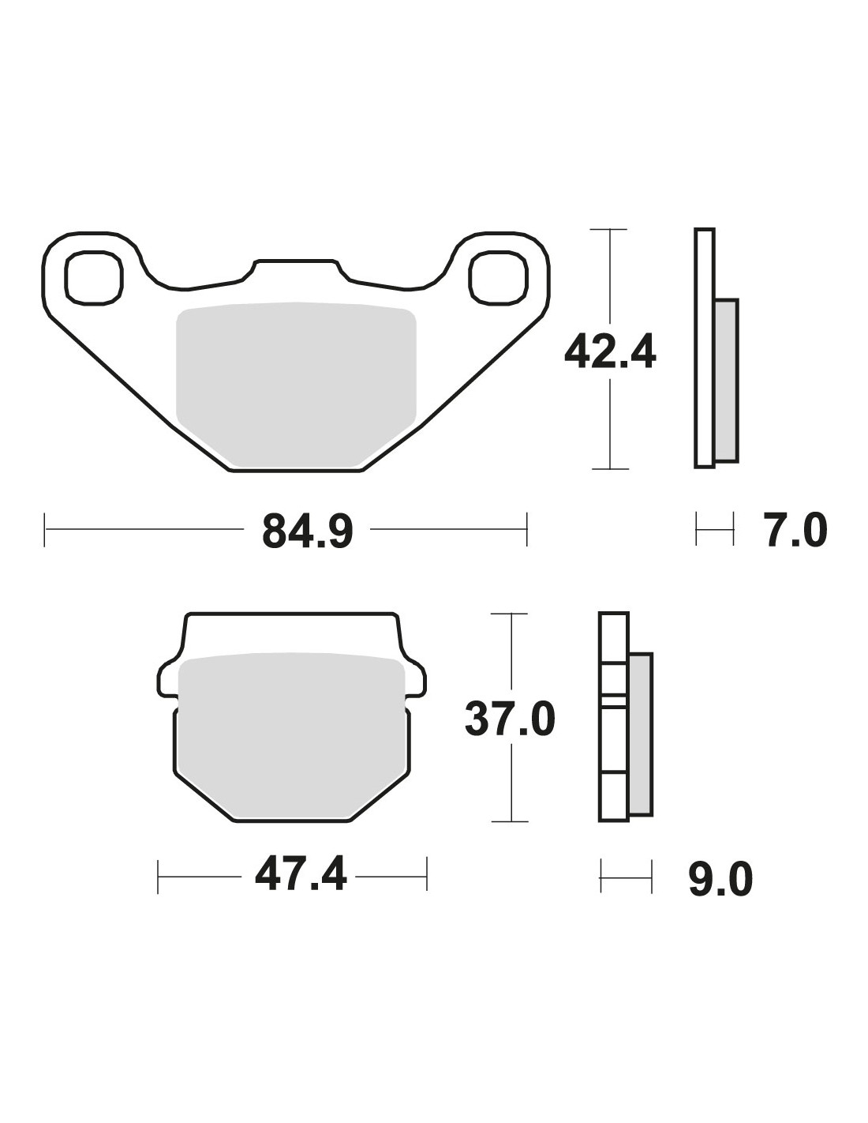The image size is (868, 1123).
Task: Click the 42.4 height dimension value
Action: [x=610, y=351]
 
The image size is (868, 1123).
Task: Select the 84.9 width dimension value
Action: [x=307, y=530]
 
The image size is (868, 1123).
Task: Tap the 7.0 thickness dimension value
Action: [x=795, y=530]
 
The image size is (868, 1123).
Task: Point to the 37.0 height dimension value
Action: [x=511, y=719]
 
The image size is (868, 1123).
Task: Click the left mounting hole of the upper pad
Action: [x=94, y=277]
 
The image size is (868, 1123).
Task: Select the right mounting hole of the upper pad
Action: [x=498, y=277]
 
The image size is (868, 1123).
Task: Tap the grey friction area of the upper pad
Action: [x=296, y=385]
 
